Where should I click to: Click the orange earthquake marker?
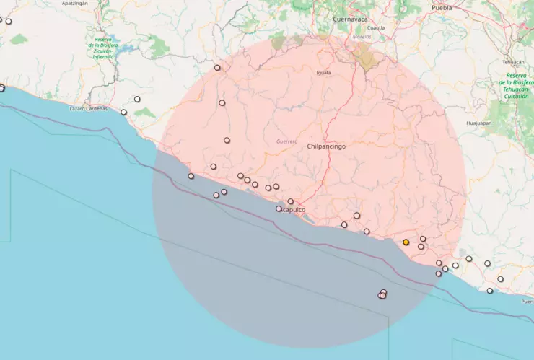[406, 242]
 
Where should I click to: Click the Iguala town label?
[323, 73]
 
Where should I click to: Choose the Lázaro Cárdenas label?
[88, 108]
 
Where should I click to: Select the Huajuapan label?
[478, 123]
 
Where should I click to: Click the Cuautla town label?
[376, 27]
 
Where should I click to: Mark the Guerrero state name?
[286, 141]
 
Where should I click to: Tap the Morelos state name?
[362, 35]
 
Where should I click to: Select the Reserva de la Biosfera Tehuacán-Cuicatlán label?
[516, 85]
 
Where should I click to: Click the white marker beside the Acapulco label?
[279, 209]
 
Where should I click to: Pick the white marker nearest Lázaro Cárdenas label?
[124, 112]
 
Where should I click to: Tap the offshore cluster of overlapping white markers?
[382, 294]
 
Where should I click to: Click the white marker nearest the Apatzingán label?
[9, 22]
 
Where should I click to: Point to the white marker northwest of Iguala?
[217, 68]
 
